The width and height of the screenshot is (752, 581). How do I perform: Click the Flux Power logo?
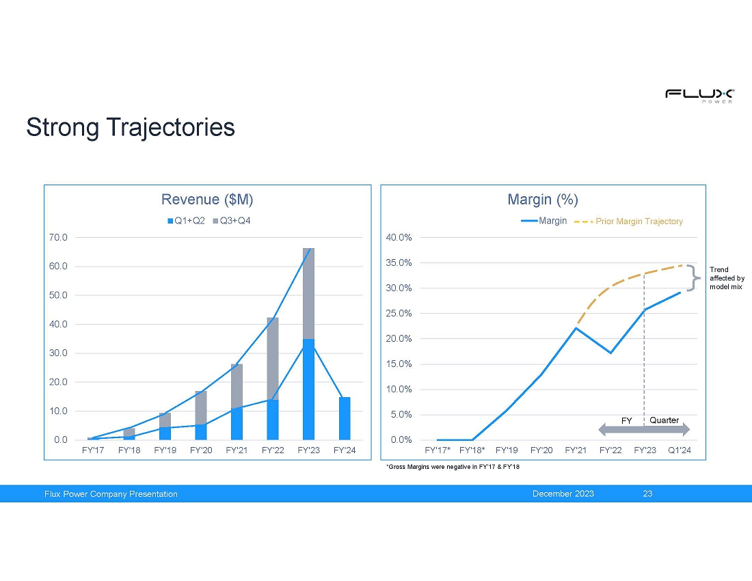699,95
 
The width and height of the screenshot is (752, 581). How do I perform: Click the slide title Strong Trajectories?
131,127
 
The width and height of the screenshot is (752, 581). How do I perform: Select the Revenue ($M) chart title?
207,200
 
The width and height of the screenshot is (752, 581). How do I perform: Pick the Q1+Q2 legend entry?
186,221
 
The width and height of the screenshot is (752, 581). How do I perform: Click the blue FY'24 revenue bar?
345,418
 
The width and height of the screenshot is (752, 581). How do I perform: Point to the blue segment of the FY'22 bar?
273,420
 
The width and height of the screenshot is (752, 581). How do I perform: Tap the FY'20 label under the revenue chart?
201,450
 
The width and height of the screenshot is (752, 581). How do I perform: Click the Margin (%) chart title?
543,200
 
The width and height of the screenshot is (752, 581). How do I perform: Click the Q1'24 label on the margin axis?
679,450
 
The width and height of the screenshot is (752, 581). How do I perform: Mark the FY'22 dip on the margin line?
610,353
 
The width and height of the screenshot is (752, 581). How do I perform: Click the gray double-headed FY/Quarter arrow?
644,429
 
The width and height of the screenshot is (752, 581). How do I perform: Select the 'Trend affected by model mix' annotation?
727,278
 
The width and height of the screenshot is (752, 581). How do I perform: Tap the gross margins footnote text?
447,467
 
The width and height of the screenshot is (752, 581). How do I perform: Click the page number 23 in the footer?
647,494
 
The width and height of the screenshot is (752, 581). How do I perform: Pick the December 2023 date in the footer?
563,494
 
